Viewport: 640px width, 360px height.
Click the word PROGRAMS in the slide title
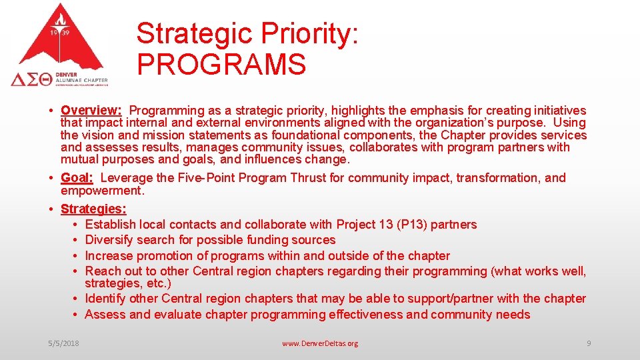(x=221, y=65)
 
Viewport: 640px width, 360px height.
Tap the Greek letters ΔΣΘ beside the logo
(x=31, y=79)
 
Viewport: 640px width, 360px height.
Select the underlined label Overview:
(x=91, y=111)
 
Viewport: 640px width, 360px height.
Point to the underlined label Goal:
(x=77, y=178)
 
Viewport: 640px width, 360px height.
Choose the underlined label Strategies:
(x=93, y=209)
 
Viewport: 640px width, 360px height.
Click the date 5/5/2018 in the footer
(x=63, y=343)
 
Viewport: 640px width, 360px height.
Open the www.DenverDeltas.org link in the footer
(x=320, y=343)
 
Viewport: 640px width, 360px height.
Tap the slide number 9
(x=589, y=343)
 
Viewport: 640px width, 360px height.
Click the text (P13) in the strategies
(x=412, y=225)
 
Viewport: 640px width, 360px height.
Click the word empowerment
(x=101, y=191)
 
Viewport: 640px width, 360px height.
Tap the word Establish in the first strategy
(x=111, y=225)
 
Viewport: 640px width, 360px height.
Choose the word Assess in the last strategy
(x=106, y=315)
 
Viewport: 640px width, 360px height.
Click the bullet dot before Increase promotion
(x=77, y=256)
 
